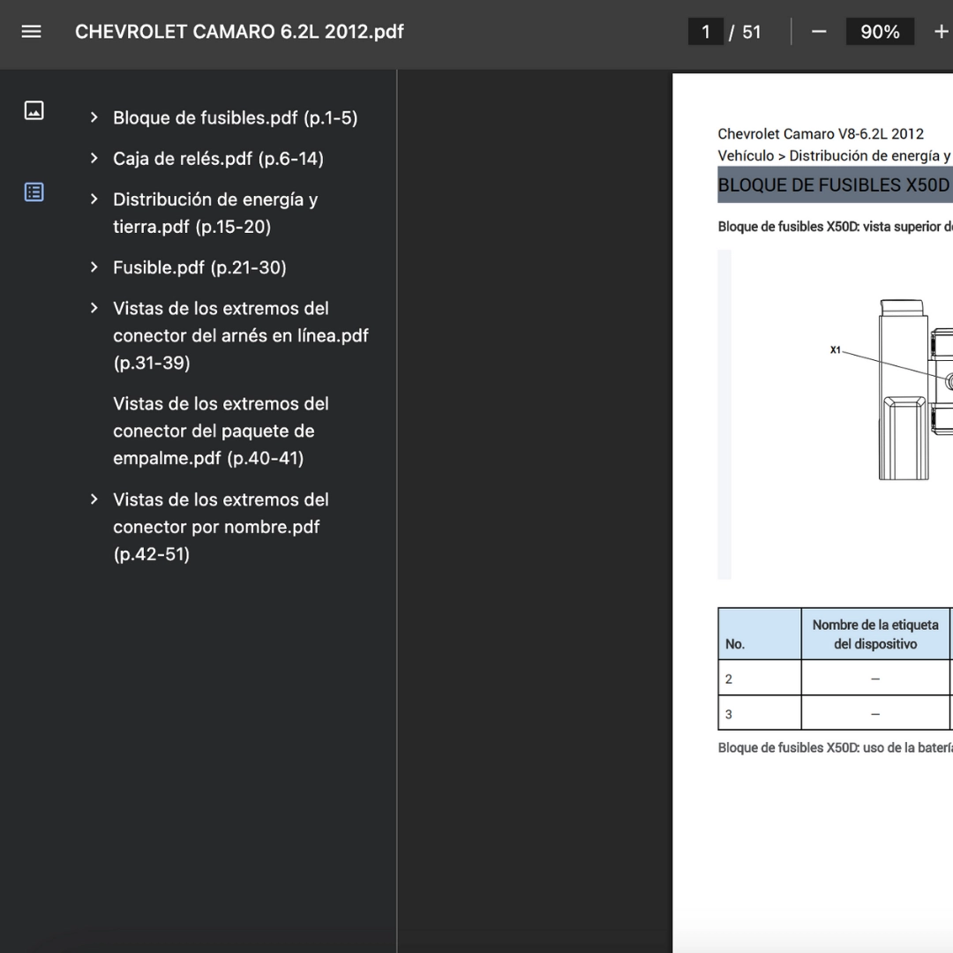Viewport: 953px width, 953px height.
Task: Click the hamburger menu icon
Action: click(x=31, y=32)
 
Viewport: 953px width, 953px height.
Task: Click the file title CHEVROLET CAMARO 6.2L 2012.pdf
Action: click(x=239, y=32)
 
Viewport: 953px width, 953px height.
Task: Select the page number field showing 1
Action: click(x=705, y=32)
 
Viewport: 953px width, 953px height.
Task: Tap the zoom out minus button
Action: click(x=819, y=32)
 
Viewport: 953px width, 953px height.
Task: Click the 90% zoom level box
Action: click(x=880, y=32)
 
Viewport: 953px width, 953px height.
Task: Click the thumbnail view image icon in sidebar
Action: click(x=34, y=110)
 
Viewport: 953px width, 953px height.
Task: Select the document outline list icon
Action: click(x=34, y=192)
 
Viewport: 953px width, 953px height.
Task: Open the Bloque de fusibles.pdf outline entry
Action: click(x=236, y=118)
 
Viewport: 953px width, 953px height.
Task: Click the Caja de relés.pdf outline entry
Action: click(x=218, y=159)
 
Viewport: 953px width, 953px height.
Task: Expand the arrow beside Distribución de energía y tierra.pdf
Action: click(x=94, y=199)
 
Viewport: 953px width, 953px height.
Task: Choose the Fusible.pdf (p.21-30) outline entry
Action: click(x=199, y=267)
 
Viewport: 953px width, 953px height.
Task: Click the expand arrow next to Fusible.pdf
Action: click(x=94, y=267)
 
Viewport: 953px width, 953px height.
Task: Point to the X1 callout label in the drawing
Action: click(x=836, y=350)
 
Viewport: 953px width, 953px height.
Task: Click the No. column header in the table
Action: click(x=735, y=644)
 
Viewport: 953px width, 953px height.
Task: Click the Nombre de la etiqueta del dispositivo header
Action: click(x=875, y=634)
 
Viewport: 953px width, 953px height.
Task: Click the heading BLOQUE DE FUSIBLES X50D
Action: click(x=833, y=184)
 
